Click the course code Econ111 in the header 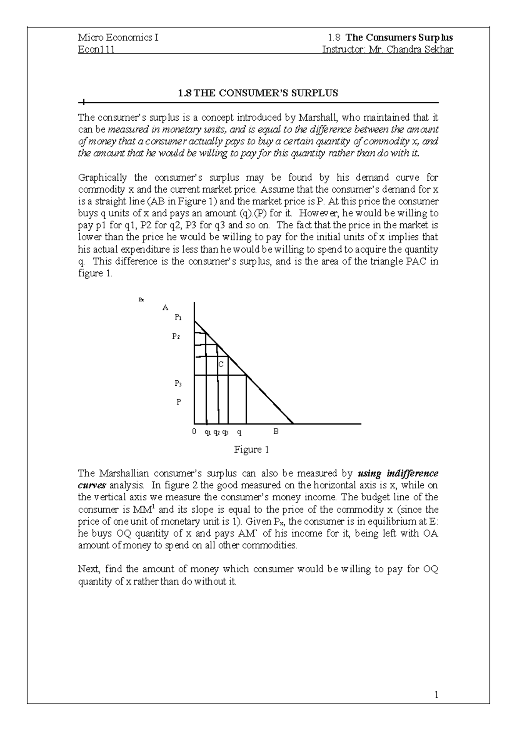pyautogui.click(x=96, y=50)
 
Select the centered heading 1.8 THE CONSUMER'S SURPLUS pyautogui.click(x=258, y=93)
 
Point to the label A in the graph pyautogui.click(x=165, y=307)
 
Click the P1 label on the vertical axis pyautogui.click(x=178, y=318)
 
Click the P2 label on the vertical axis pyautogui.click(x=176, y=337)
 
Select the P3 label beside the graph pyautogui.click(x=178, y=383)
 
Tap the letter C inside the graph pyautogui.click(x=221, y=365)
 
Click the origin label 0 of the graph pyautogui.click(x=194, y=431)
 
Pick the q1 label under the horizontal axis pyautogui.click(x=208, y=432)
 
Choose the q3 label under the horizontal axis pyautogui.click(x=225, y=432)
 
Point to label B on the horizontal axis pyautogui.click(x=276, y=431)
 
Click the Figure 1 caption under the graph pyautogui.click(x=251, y=450)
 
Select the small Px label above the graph pyautogui.click(x=141, y=300)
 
